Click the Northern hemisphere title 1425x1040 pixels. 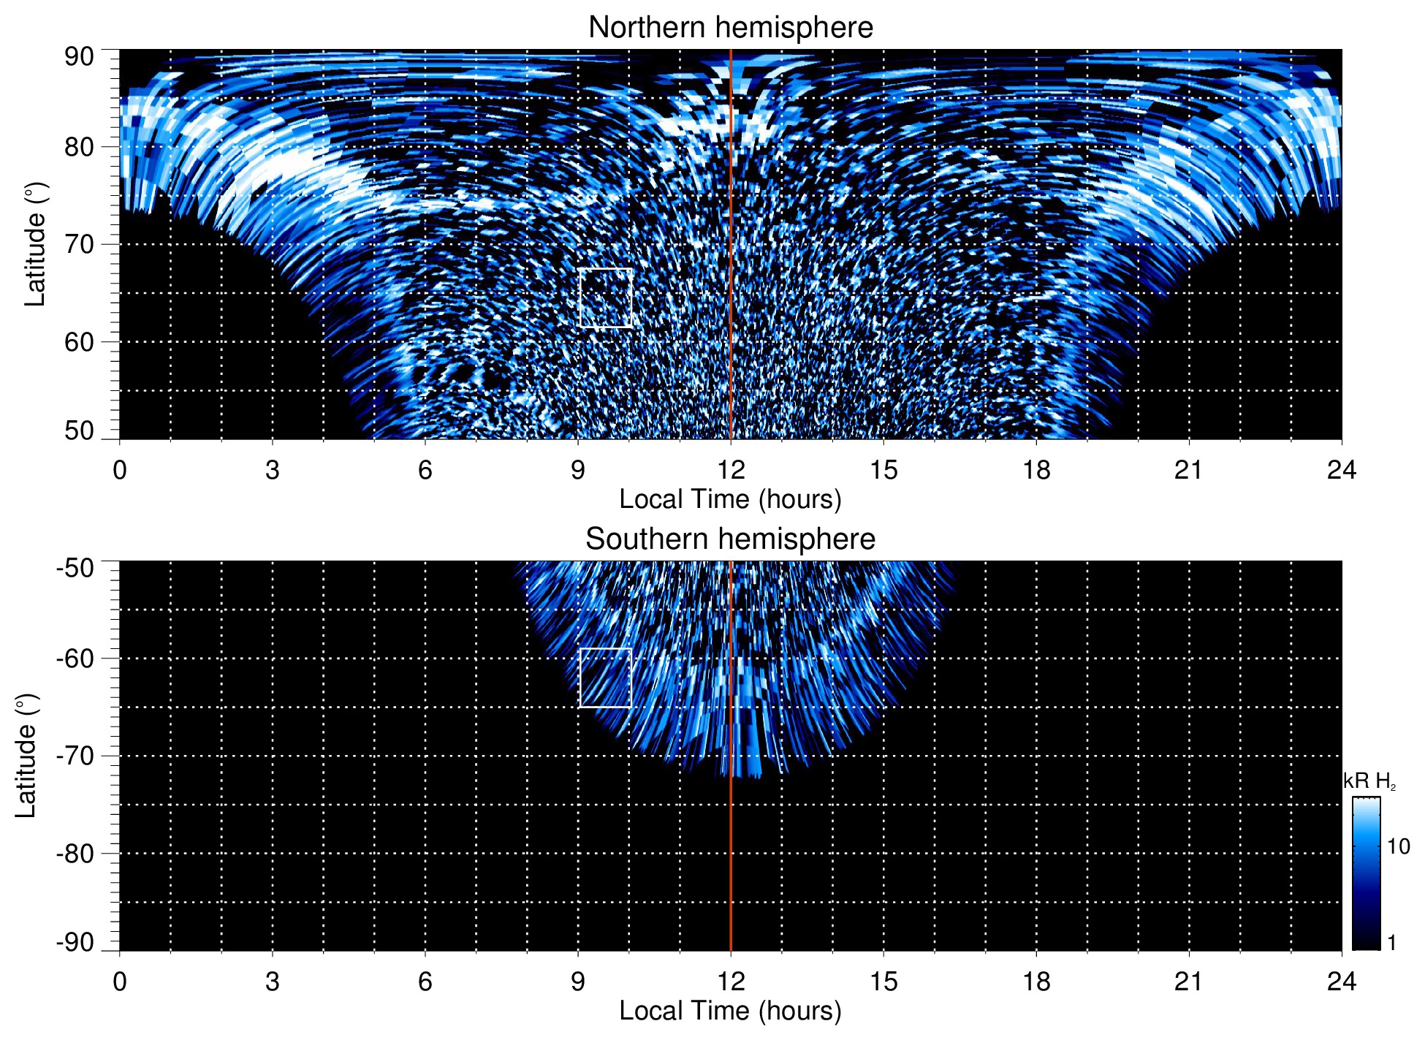pos(730,28)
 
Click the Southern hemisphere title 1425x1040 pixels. pos(730,539)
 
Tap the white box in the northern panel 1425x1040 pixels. pos(605,297)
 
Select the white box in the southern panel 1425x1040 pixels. pos(605,677)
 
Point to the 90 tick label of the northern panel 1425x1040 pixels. pos(79,57)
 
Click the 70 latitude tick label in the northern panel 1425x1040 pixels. pos(79,244)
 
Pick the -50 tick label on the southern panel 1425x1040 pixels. pos(75,568)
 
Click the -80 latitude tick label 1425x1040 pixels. pos(75,853)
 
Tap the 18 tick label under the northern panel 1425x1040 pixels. pos(1036,470)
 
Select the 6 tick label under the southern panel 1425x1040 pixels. pos(425,982)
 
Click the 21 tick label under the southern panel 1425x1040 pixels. pos(1189,982)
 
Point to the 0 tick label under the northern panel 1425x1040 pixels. pos(120,470)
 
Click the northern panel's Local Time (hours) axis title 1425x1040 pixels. pos(730,499)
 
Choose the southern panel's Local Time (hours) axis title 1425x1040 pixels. pos(730,1011)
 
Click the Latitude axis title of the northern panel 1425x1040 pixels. pos(35,244)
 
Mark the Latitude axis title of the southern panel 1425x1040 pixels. pos(26,756)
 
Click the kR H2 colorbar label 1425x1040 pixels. pos(1369,781)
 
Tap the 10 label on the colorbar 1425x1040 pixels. pos(1398,846)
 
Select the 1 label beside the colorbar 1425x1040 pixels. pos(1391,942)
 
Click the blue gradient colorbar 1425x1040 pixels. pos(1365,873)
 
